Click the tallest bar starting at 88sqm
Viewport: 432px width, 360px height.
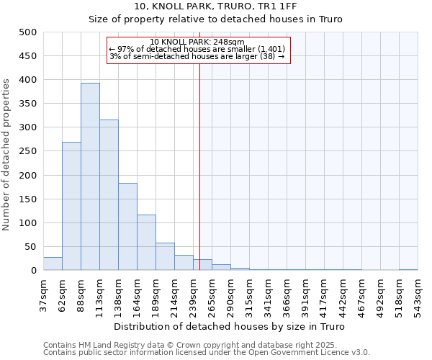90,176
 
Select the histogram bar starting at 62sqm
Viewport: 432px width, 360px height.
71,206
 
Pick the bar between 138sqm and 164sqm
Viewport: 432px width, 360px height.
127,227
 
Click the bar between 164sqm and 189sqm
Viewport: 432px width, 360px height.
146,243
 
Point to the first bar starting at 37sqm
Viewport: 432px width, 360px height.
53,264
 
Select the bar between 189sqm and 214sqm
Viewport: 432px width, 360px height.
165,257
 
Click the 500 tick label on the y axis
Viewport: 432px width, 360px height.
28,32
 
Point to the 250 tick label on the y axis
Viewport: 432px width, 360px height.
28,151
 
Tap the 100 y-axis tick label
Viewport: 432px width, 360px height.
28,223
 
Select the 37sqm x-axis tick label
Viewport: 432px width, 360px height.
43,294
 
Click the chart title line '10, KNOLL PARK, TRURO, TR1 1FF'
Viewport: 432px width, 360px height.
215,6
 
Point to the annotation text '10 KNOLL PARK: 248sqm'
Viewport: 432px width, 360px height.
198,42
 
